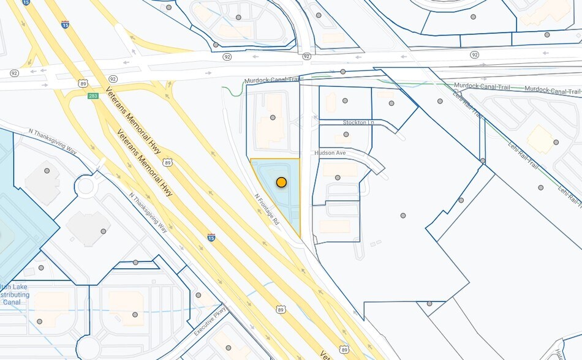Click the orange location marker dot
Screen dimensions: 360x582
[x=281, y=182]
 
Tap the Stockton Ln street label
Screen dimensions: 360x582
[x=358, y=122]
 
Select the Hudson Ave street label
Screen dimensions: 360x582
[x=330, y=153]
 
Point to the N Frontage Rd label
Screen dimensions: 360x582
[x=267, y=209]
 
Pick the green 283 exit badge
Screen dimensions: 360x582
[x=93, y=96]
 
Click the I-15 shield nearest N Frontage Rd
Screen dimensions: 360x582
[x=211, y=238]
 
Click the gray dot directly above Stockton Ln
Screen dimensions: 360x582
[x=345, y=100]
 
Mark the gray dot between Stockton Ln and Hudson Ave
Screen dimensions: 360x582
[x=346, y=134]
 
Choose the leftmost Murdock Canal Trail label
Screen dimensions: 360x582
[x=271, y=80]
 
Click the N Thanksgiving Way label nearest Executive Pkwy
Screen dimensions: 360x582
[x=148, y=212]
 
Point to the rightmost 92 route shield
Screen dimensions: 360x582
[x=475, y=55]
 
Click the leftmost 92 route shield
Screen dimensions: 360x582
[x=14, y=73]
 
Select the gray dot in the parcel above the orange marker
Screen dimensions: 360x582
[x=273, y=118]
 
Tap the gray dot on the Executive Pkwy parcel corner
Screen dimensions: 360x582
[x=198, y=295]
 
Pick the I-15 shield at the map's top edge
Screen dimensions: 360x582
[x=26, y=2]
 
